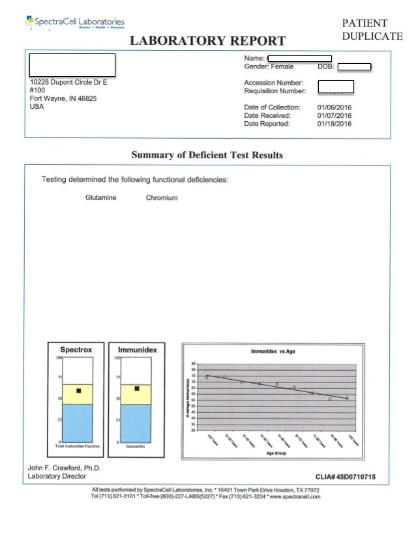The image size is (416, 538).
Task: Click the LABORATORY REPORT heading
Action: click(208, 41)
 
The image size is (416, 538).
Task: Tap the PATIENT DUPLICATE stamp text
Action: click(372, 29)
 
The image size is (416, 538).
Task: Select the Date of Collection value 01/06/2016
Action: click(334, 107)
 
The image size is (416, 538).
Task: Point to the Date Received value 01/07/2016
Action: click(334, 115)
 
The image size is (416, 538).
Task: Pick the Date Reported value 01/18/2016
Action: click(334, 124)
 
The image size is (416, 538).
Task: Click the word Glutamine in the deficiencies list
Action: click(101, 197)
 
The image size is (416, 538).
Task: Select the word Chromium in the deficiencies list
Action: click(162, 197)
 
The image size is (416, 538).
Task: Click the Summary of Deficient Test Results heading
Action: click(207, 155)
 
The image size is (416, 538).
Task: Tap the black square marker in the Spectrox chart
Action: click(78, 391)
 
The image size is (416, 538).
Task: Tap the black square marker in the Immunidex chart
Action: click(137, 389)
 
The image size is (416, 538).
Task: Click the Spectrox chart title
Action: click(76, 350)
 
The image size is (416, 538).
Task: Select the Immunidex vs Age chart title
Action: click(273, 351)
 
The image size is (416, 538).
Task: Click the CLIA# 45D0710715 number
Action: click(346, 477)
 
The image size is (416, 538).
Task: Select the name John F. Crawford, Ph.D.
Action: click(64, 468)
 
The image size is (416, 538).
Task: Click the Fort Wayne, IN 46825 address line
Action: click(63, 99)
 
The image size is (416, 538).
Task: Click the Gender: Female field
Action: click(269, 66)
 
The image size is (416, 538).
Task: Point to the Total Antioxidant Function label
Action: click(76, 446)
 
